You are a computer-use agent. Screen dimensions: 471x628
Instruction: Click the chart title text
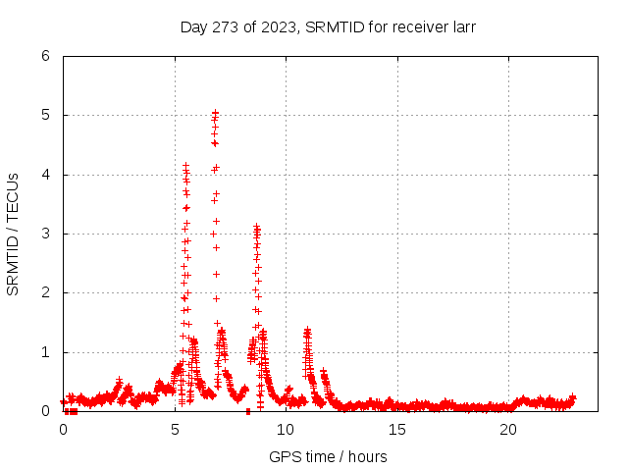pyautogui.click(x=328, y=26)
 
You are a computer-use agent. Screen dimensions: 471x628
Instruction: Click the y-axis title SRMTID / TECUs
pyautogui.click(x=13, y=235)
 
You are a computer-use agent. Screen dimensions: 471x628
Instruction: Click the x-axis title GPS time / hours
pyautogui.click(x=328, y=456)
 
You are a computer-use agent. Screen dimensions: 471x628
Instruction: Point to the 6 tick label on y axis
pyautogui.click(x=45, y=56)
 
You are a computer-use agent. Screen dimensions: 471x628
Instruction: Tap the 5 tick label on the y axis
pyautogui.click(x=45, y=115)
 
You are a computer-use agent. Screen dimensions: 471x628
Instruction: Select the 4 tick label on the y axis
pyautogui.click(x=45, y=175)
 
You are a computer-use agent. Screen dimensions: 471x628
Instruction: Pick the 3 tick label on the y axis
pyautogui.click(x=45, y=234)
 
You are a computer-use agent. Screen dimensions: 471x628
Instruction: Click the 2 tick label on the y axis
pyautogui.click(x=45, y=292)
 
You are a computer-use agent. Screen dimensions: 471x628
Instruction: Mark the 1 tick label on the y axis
pyautogui.click(x=45, y=352)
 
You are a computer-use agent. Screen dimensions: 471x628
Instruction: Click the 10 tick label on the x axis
pyautogui.click(x=286, y=430)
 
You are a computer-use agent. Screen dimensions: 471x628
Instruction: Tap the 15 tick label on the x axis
pyautogui.click(x=397, y=430)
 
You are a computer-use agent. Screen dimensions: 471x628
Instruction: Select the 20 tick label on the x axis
pyautogui.click(x=508, y=430)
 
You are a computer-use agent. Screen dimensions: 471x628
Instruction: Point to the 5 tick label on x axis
pyautogui.click(x=175, y=430)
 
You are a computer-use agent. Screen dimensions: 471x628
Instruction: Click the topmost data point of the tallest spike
pyautogui.click(x=215, y=113)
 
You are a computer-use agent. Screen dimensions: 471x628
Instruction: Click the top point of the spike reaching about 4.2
pyautogui.click(x=185, y=165)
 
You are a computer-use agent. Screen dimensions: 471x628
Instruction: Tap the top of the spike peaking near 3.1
pyautogui.click(x=256, y=227)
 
